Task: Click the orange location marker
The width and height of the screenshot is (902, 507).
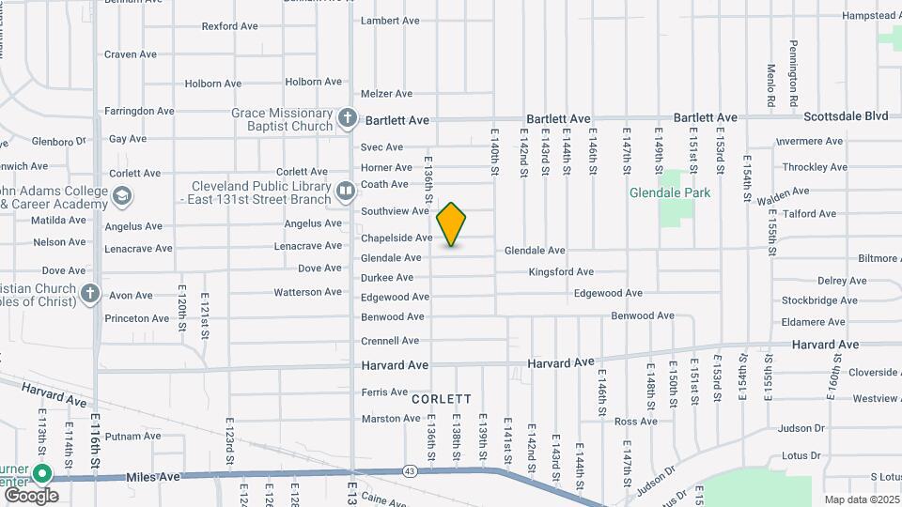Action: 451,223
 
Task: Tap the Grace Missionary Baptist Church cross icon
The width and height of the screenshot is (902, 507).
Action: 348,118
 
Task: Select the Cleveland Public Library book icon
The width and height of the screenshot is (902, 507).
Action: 346,192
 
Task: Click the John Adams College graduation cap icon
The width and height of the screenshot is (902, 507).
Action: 121,196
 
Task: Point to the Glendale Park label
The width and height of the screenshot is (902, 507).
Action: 670,192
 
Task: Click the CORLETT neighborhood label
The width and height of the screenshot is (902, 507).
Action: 442,399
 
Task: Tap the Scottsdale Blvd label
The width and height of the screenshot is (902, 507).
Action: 846,116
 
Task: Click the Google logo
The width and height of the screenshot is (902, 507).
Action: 31,495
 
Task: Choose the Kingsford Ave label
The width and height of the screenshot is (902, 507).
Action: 561,271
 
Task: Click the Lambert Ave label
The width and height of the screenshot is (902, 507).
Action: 390,21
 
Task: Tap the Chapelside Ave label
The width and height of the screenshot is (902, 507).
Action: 397,238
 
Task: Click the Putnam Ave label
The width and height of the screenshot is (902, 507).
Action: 127,437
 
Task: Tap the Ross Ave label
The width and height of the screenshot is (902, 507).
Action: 636,422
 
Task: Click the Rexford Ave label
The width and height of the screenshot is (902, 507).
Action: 229,26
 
